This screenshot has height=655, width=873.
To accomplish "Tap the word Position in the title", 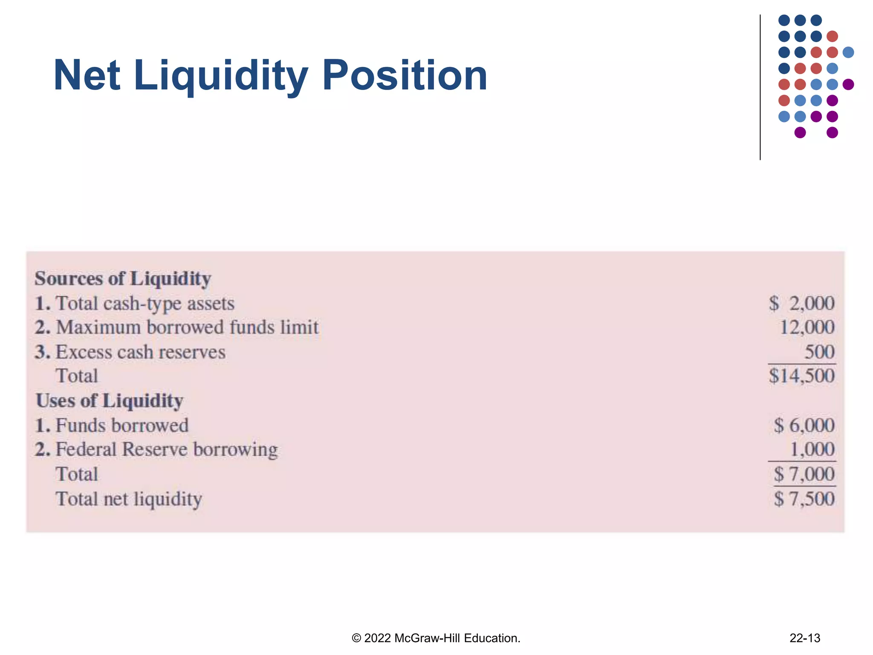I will pyautogui.click(x=405, y=76).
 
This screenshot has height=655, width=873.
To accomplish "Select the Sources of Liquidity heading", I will pyautogui.click(x=123, y=279).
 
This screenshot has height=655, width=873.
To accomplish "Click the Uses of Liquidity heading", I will pyautogui.click(x=110, y=401).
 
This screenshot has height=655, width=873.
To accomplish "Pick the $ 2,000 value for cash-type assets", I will pyautogui.click(x=801, y=304).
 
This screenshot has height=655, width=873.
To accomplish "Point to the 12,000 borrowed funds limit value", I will pyautogui.click(x=807, y=327).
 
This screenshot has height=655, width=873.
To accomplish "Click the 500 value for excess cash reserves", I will pyautogui.click(x=819, y=352).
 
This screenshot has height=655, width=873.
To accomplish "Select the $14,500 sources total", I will pyautogui.click(x=801, y=376).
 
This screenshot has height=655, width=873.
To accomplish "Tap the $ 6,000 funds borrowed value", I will pyautogui.click(x=804, y=426).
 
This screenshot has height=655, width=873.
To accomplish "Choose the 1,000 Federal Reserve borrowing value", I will pyautogui.click(x=812, y=449).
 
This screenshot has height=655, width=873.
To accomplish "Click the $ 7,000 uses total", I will pyautogui.click(x=804, y=474).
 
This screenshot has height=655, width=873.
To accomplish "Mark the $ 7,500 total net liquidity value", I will pyautogui.click(x=804, y=499).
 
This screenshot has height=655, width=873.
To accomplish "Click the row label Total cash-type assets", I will pyautogui.click(x=145, y=304).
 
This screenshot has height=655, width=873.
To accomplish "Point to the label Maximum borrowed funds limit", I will pyautogui.click(x=187, y=327).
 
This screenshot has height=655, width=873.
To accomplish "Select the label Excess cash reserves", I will pyautogui.click(x=140, y=352).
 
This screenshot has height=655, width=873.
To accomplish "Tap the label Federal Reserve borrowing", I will pyautogui.click(x=166, y=450).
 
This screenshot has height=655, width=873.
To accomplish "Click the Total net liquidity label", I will pyautogui.click(x=129, y=499).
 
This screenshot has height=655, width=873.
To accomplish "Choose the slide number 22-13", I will pyautogui.click(x=805, y=638).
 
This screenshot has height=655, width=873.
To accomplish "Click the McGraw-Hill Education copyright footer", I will pyautogui.click(x=436, y=638).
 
